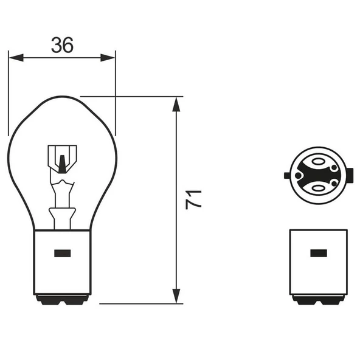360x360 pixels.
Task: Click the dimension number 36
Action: (x=61, y=44)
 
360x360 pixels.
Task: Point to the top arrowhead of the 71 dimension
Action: (x=176, y=103)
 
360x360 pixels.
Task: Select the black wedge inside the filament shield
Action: (x=61, y=163)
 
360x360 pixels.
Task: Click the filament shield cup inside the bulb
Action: (x=61, y=157)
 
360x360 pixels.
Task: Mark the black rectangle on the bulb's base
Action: (x=62, y=253)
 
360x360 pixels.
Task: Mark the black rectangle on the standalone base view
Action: (x=318, y=253)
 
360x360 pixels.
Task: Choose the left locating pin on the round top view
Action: (x=288, y=176)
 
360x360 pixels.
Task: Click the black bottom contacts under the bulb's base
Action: (x=62, y=300)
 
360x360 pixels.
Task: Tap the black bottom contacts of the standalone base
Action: (x=318, y=300)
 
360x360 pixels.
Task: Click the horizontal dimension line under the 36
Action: (x=61, y=58)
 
